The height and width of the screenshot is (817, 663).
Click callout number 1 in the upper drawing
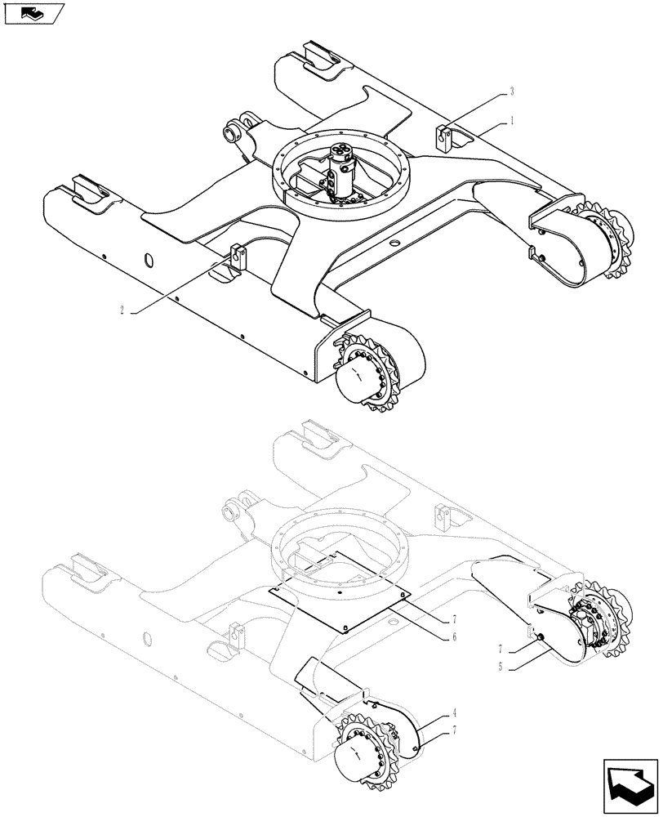pos(511,120)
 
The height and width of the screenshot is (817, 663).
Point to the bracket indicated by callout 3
pos(444,136)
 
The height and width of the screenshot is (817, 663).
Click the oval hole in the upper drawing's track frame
pos(148,260)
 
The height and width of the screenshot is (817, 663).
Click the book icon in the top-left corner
pos(33,14)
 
